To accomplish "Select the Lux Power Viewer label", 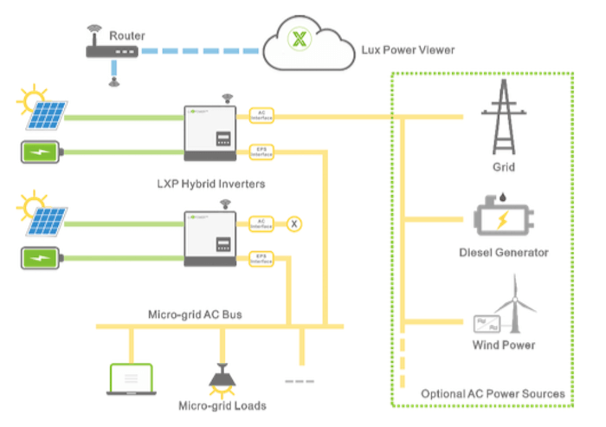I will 406,50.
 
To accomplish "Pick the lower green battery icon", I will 40,258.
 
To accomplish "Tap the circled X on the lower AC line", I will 294,224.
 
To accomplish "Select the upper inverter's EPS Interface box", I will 261,152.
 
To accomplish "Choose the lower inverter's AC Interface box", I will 261,223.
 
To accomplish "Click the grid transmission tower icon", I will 506,116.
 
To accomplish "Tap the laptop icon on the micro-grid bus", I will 130,378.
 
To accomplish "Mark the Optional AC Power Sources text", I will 492,394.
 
